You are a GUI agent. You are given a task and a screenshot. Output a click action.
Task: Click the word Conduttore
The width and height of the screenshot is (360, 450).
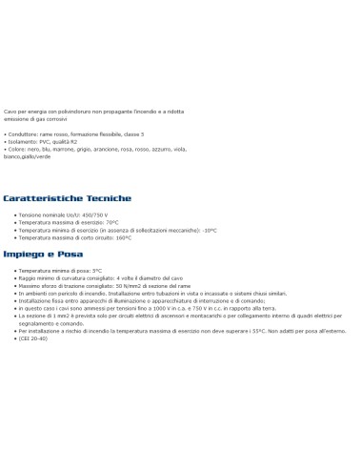tap(23, 134)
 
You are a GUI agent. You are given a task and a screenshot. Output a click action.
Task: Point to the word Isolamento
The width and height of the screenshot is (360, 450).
tap(24, 142)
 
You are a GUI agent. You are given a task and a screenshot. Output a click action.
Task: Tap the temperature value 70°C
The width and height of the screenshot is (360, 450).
tap(106, 222)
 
